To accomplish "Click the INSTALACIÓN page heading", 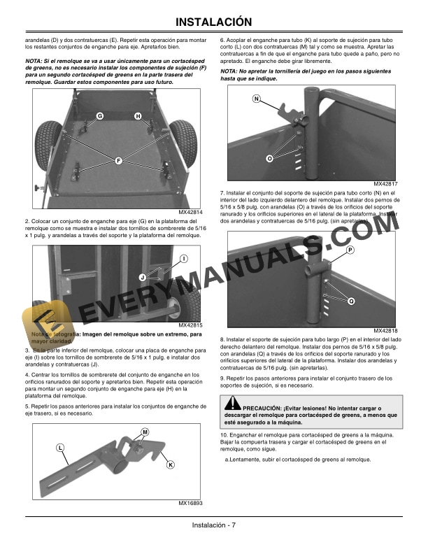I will click(x=213, y=22).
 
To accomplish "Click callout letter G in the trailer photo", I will click(x=99, y=115).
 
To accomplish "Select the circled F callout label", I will click(x=119, y=161).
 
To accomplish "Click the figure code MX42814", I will click(x=190, y=212).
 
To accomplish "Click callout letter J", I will click(x=142, y=277).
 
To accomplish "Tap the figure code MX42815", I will click(x=190, y=325).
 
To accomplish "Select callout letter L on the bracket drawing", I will click(x=60, y=447).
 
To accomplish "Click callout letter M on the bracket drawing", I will click(x=145, y=432).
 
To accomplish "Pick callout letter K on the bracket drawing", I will click(x=171, y=464).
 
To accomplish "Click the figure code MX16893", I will click(x=190, y=503).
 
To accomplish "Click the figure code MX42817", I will click(x=385, y=184).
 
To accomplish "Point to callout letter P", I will click(x=350, y=250).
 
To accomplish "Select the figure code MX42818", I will click(x=385, y=331).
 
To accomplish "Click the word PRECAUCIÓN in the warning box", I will click(x=264, y=407).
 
